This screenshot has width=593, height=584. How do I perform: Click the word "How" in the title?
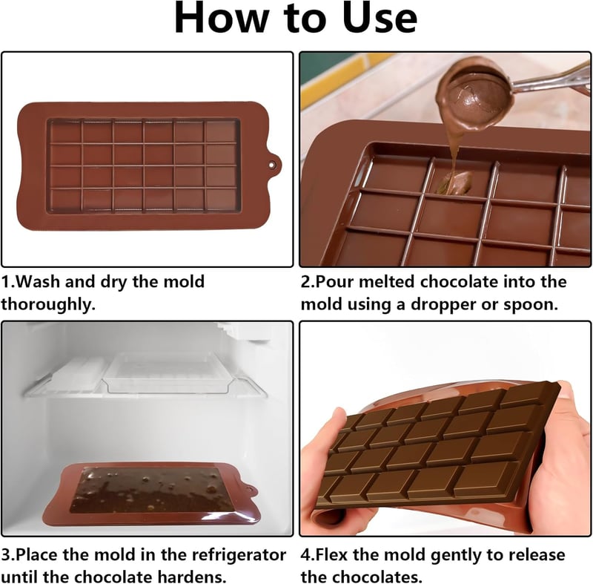[220, 18]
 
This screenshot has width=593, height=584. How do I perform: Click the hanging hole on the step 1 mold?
[271, 165]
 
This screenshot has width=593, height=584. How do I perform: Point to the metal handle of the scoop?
[552, 79]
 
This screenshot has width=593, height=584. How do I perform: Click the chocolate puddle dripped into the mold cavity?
[454, 183]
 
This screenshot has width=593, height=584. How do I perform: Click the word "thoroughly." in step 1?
[48, 304]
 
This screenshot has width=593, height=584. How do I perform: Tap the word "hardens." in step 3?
[192, 577]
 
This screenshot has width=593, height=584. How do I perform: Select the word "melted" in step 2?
[385, 281]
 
